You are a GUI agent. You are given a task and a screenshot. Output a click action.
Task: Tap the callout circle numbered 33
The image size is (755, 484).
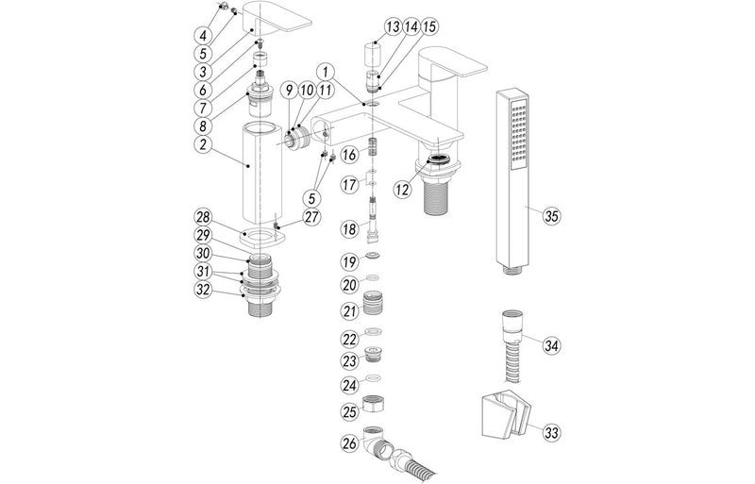click(x=551, y=433)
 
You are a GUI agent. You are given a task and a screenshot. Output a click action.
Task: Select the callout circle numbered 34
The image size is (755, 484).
click(x=551, y=345)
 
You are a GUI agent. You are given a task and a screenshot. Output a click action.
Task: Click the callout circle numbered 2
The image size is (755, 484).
click(x=203, y=145)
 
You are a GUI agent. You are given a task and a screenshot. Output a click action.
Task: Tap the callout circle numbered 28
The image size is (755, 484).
click(x=203, y=217)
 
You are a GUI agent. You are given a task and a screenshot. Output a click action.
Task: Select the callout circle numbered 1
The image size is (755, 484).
click(x=326, y=71)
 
